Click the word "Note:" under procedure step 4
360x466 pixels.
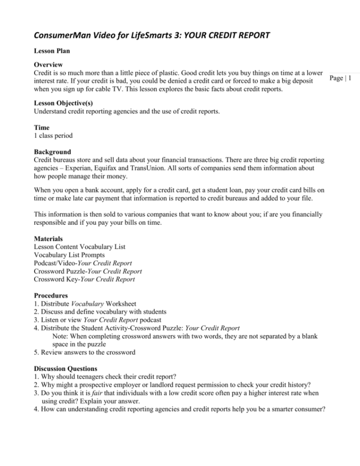(x=61, y=335)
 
